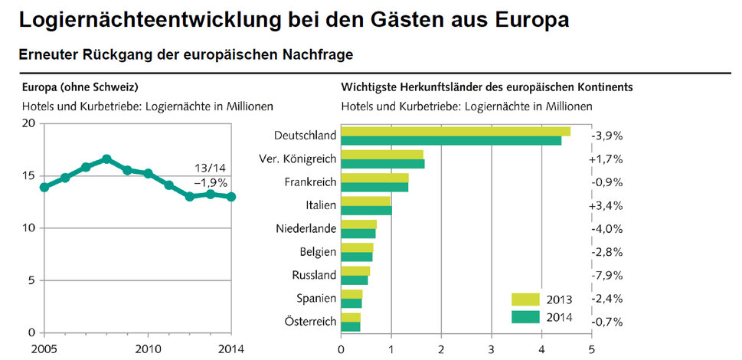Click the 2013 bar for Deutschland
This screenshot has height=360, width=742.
pyautogui.click(x=456, y=131)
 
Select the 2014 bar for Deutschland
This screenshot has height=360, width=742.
pyautogui.click(x=451, y=140)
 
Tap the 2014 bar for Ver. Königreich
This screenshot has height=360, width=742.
pyautogui.click(x=382, y=164)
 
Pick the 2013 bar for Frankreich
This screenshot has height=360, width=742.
pyautogui.click(x=374, y=178)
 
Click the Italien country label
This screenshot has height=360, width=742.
pyautogui.click(x=321, y=205)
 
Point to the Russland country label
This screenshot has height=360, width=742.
pyautogui.click(x=314, y=275)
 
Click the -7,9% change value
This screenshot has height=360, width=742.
pyautogui.click(x=607, y=275)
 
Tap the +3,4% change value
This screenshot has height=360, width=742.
pyautogui.click(x=607, y=205)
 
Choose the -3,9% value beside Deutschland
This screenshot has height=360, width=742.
pyautogui.click(x=607, y=136)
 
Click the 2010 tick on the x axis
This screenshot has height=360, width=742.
pyautogui.click(x=148, y=349)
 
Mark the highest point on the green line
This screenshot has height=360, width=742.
pyautogui.click(x=106, y=159)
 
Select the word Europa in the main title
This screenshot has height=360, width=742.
pyautogui.click(x=528, y=20)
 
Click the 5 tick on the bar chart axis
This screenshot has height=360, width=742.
pyautogui.click(x=591, y=349)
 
